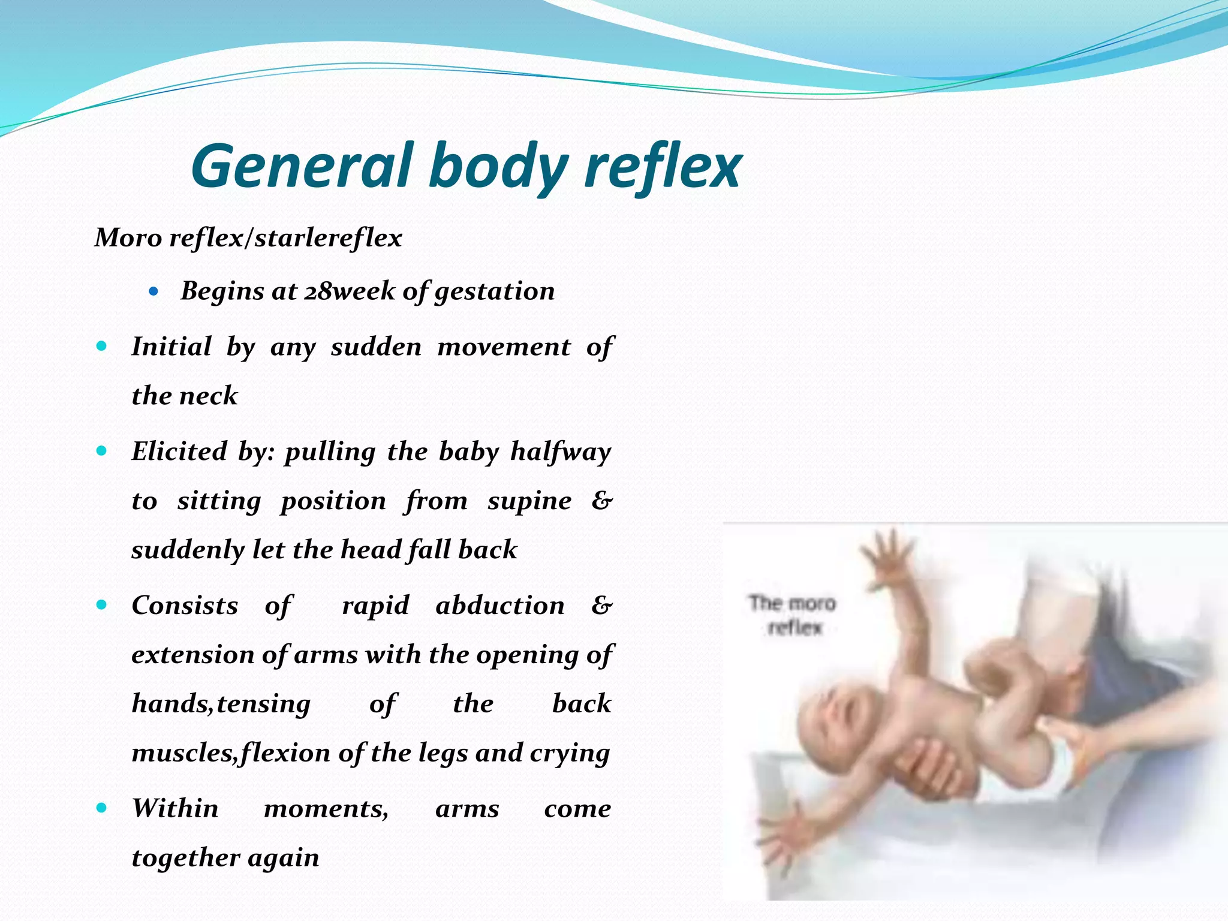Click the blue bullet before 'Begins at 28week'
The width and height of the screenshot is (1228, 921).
154,292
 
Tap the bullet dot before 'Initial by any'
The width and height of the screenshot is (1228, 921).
101,346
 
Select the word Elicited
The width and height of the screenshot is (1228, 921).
179,452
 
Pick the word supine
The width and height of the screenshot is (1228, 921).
529,501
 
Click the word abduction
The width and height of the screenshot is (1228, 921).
500,606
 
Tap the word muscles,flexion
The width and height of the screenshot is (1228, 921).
230,753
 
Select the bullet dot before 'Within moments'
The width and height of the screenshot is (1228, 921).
101,808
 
